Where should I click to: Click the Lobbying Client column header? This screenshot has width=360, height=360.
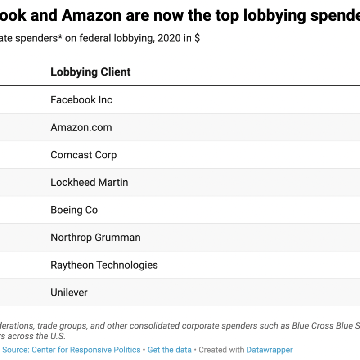click(90, 72)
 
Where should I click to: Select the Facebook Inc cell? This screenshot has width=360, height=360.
click(81, 100)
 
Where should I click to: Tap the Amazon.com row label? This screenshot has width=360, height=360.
click(81, 127)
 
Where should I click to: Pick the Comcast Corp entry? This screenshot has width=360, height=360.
click(84, 155)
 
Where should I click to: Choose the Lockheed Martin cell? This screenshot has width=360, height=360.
click(89, 182)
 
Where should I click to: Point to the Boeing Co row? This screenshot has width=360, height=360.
click(74, 210)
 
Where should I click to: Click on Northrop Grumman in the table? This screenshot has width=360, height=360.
click(95, 237)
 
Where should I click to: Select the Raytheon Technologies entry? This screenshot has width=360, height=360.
click(104, 265)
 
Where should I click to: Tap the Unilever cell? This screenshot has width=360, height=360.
click(69, 292)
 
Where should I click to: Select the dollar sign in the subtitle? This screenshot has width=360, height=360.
click(197, 39)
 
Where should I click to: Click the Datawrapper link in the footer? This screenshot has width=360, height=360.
click(270, 350)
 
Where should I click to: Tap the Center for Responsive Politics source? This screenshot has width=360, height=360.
click(85, 350)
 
